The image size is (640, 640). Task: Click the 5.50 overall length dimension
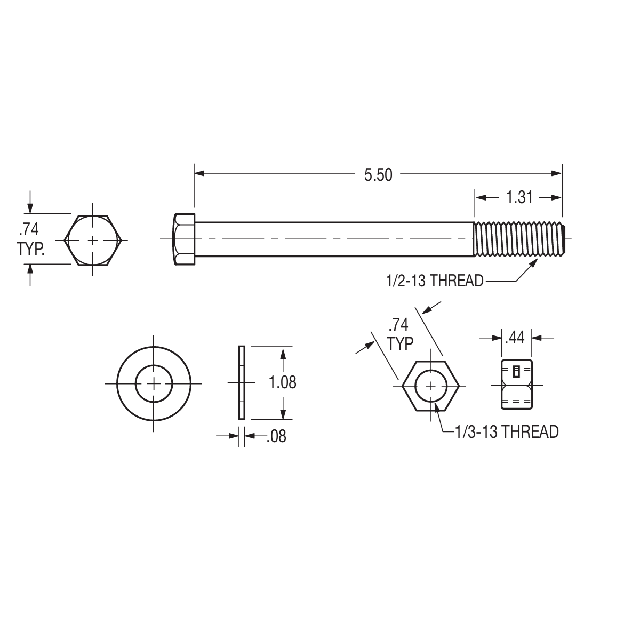378,175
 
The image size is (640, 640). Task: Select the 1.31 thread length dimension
518,197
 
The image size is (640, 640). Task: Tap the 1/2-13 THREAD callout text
435,281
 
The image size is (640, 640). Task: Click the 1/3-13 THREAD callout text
506,431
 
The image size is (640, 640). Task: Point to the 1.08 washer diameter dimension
282,382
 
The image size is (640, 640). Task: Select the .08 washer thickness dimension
275,436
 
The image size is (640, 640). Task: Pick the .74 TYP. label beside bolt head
29,239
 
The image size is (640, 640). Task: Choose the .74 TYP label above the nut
400,334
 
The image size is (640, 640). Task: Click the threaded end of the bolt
520,239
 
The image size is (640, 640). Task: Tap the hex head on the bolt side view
184,239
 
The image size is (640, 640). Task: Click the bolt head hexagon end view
93,240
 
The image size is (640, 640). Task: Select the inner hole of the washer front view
154,383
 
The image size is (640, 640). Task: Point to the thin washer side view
241,382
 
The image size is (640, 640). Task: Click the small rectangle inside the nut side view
516,371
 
